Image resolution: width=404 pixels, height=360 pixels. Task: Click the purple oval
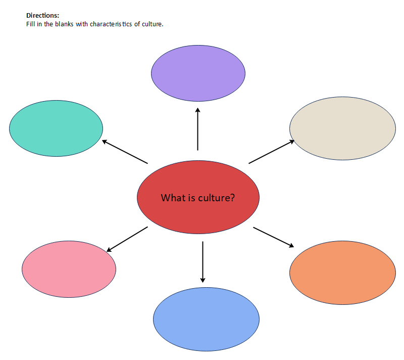[x=198, y=73]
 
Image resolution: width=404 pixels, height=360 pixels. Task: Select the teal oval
[x=56, y=128]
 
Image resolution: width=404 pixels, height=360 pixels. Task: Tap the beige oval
[x=342, y=128]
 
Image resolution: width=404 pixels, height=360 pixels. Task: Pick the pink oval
[x=69, y=269]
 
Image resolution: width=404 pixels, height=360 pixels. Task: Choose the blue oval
[x=206, y=319]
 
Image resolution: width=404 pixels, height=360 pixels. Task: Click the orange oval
[x=342, y=273]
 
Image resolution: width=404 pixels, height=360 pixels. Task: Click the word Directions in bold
[x=42, y=16]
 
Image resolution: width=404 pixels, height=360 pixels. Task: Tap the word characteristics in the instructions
[x=111, y=24]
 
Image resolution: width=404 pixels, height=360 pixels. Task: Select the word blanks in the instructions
[x=64, y=24]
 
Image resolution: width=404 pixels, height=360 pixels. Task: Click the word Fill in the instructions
[x=30, y=24]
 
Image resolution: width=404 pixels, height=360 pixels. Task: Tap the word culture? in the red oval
[x=216, y=198]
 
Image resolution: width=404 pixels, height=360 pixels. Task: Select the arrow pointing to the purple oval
[x=197, y=129]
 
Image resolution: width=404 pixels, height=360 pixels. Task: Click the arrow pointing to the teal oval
[x=125, y=152]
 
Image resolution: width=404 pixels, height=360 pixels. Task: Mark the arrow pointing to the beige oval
[x=272, y=152]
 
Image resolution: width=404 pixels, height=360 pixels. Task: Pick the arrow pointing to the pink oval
[x=127, y=239]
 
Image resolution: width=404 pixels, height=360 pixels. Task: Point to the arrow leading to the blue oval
[x=203, y=262]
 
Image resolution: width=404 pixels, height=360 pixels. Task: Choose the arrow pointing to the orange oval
[x=273, y=237]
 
